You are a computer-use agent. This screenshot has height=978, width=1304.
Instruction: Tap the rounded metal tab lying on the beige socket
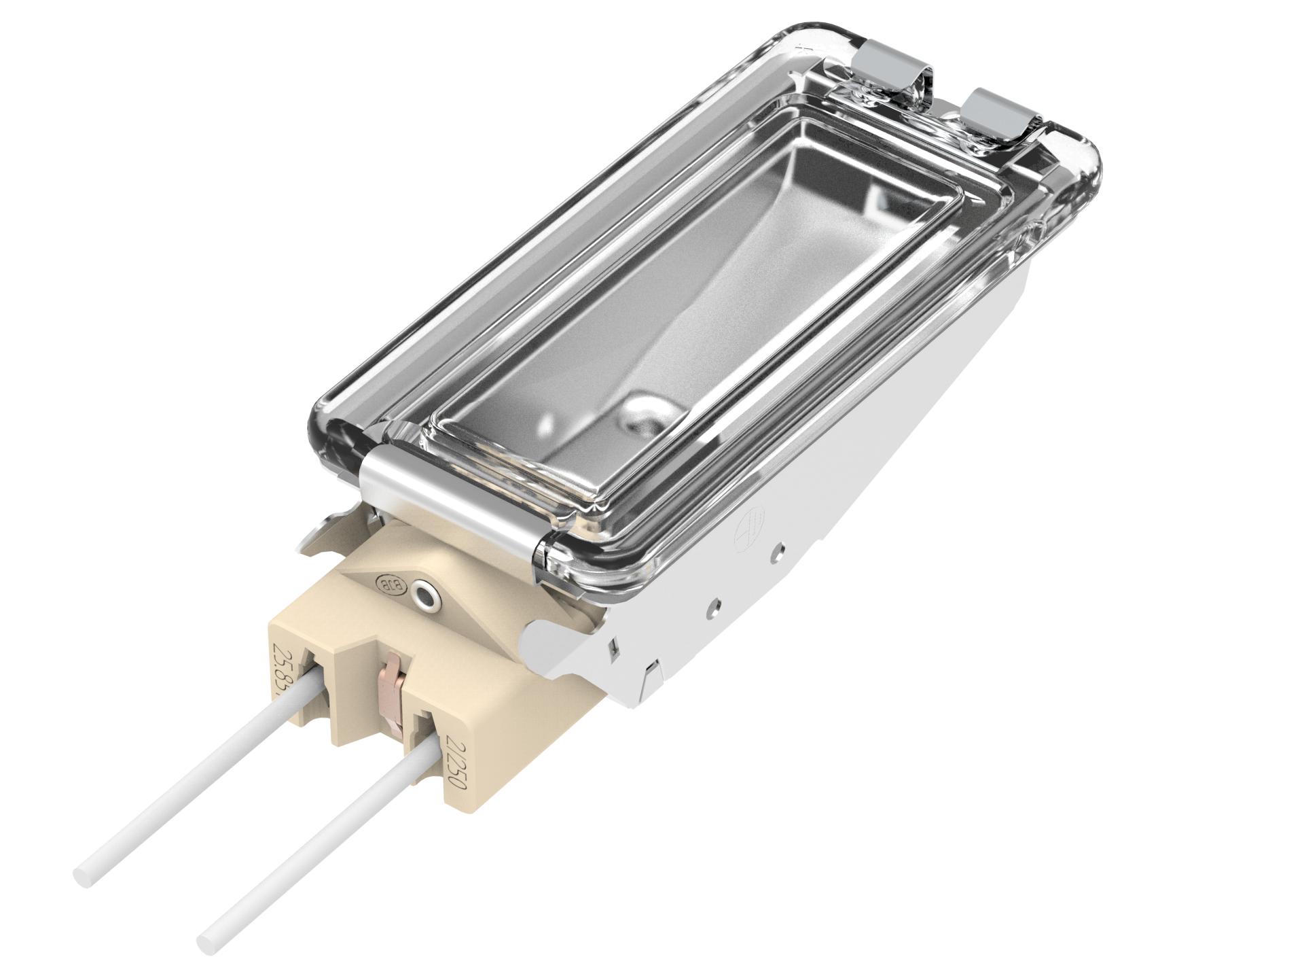543,639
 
